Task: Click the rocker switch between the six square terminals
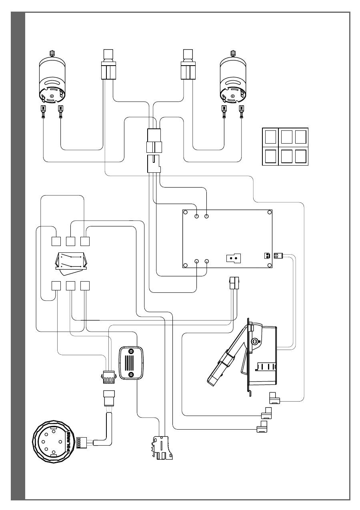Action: pyautogui.click(x=70, y=261)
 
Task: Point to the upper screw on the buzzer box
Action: pyautogui.click(x=131, y=351)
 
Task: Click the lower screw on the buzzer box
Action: pyautogui.click(x=131, y=374)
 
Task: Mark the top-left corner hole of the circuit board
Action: pyautogui.click(x=185, y=212)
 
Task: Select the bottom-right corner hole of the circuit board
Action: pyautogui.click(x=270, y=265)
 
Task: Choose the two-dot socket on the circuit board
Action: pyautogui.click(x=232, y=258)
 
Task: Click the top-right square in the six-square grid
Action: pyautogui.click(x=300, y=136)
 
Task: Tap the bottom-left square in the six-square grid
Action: pyautogui.click(x=271, y=156)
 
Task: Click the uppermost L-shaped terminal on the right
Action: pyautogui.click(x=275, y=398)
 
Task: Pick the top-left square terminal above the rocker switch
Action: pyautogui.click(x=56, y=241)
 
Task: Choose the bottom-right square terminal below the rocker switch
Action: pyautogui.click(x=84, y=286)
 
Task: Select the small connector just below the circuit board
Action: pyautogui.click(x=232, y=284)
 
